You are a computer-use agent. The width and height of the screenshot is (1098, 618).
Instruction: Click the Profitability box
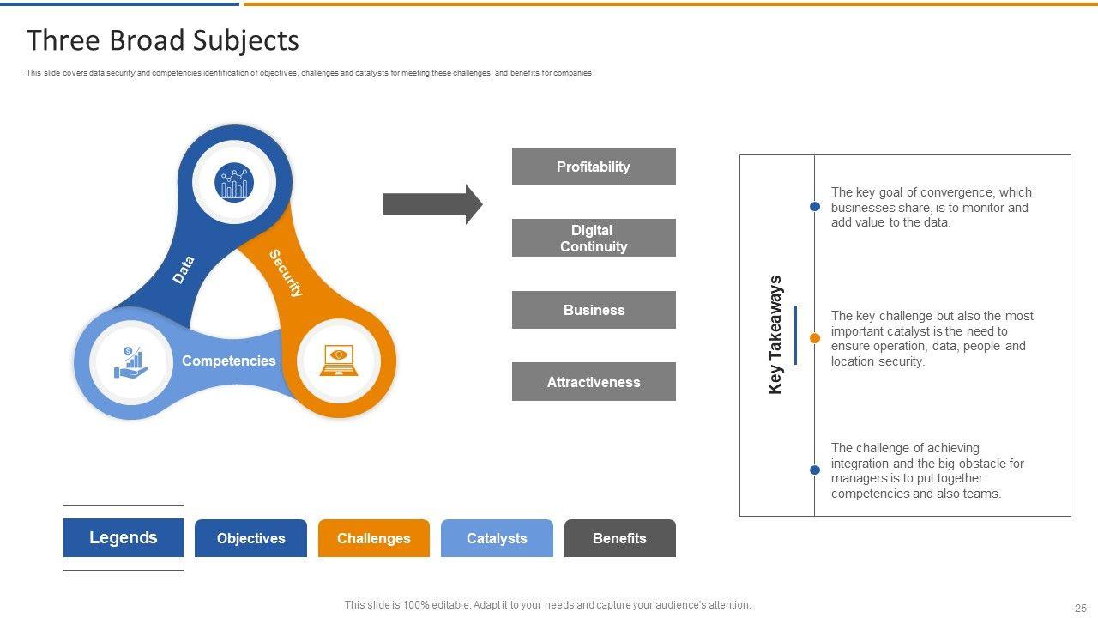[x=594, y=167]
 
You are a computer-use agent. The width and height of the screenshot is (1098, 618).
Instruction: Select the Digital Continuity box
[x=594, y=238]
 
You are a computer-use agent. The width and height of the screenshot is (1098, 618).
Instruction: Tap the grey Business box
[x=594, y=310]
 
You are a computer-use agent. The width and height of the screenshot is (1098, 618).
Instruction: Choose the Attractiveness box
[x=594, y=382]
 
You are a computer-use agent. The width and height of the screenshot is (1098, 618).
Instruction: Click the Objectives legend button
[x=251, y=538]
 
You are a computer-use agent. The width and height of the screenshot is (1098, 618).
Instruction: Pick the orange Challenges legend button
[x=374, y=538]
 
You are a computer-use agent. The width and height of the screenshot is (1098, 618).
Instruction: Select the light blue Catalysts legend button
[x=497, y=538]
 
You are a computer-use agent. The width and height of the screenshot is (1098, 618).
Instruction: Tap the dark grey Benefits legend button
[x=620, y=538]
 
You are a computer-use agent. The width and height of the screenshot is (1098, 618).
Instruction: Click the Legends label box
[x=124, y=537]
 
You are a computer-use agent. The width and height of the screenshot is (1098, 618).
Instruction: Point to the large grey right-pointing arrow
[x=432, y=204]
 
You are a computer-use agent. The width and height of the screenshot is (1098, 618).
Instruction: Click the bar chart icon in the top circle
[x=234, y=182]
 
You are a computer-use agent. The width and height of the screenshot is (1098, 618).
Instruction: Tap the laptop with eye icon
[x=339, y=360]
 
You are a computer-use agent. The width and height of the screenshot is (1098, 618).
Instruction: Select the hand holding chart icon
[x=131, y=362]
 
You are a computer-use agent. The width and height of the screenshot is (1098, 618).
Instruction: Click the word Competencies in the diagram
[x=229, y=360]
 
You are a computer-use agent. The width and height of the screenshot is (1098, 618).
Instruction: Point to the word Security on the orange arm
[x=287, y=273]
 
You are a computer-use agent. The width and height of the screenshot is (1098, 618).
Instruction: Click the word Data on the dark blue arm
[x=184, y=270]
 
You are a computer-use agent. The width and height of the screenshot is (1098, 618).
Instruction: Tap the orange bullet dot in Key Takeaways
[x=815, y=338]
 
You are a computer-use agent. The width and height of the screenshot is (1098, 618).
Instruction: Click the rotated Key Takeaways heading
[x=775, y=335]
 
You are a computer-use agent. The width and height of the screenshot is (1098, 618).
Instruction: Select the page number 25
[x=1080, y=609]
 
